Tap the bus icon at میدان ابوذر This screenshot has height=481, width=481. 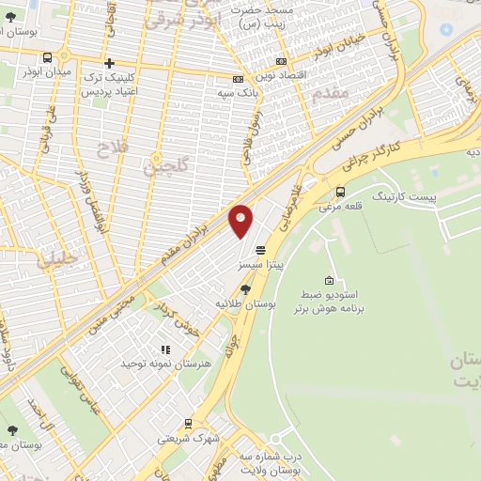[x=48, y=57]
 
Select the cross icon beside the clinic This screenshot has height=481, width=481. [x=110, y=64]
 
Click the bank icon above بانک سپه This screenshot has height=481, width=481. [x=238, y=80]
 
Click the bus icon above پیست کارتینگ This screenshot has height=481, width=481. [x=339, y=193]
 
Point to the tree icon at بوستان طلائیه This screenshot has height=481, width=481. [x=245, y=288]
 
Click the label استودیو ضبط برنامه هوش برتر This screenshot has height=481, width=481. [x=329, y=301]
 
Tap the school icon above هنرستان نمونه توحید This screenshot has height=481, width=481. [x=164, y=349]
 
